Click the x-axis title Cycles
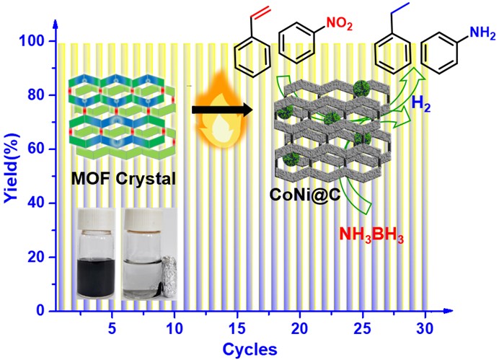(249, 349)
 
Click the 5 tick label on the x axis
(111, 327)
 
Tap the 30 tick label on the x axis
(428, 327)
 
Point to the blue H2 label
(420, 105)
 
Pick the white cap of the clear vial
(138, 219)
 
